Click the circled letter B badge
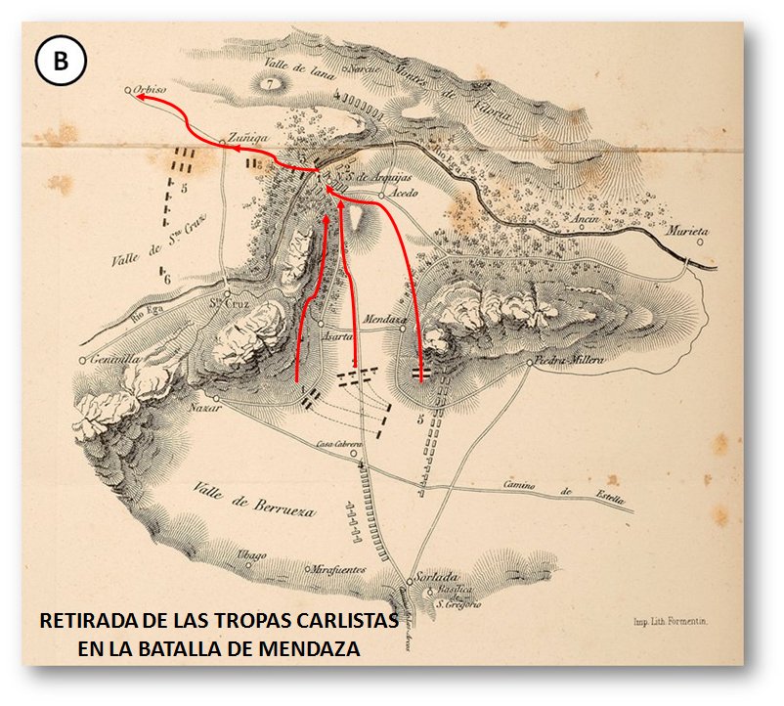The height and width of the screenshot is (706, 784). coord(61,62)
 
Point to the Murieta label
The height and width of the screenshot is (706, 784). coord(687,232)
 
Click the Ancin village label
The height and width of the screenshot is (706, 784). coord(586,220)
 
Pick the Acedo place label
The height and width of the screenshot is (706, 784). coord(405,193)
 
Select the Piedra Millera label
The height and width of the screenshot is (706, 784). coord(565,361)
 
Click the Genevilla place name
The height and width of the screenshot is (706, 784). coord(109,359)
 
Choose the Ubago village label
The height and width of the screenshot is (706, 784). coord(251,555)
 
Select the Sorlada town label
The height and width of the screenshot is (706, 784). coord(436,577)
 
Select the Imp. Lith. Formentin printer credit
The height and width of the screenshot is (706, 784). coord(670,621)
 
